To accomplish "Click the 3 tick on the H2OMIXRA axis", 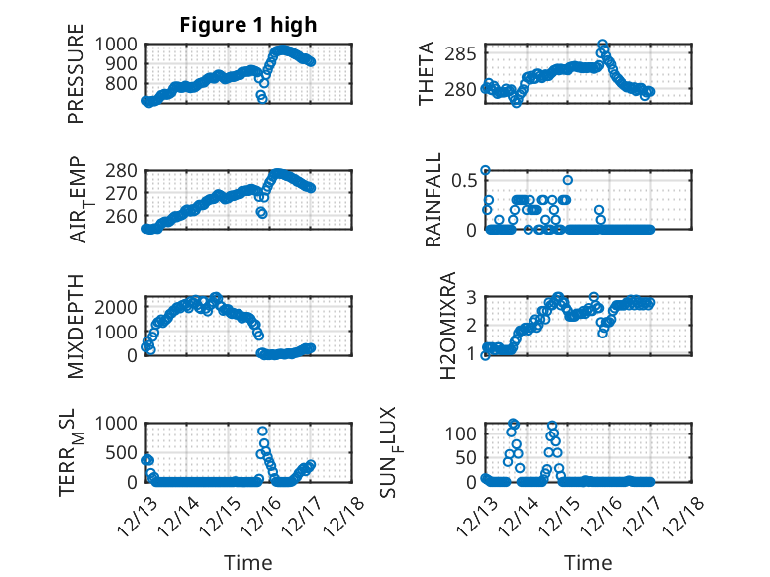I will (472, 297).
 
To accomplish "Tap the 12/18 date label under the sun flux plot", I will (688, 515).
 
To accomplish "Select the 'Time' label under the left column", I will (248, 562).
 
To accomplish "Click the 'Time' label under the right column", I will (588, 562).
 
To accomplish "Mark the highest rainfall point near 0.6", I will (485, 170).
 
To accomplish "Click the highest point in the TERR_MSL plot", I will (262, 432).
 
